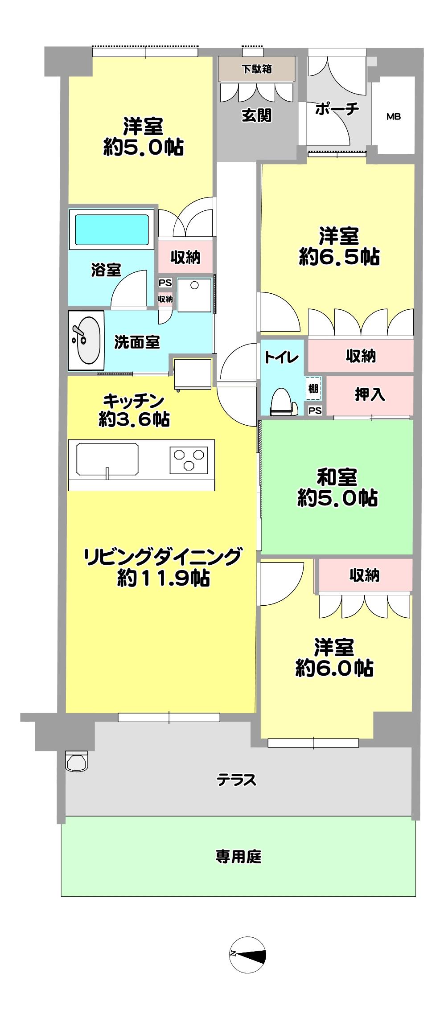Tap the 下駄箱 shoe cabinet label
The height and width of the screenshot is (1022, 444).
257,70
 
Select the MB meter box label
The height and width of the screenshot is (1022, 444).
393,117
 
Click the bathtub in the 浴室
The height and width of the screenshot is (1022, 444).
111,229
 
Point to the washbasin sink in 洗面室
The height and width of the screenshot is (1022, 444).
86,340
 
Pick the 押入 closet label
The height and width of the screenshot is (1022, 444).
370,394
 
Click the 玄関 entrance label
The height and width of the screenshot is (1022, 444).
257,115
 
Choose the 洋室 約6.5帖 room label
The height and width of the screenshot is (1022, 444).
339,246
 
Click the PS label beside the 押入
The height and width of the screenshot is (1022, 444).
315,410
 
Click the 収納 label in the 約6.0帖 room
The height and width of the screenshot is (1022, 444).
364,575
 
